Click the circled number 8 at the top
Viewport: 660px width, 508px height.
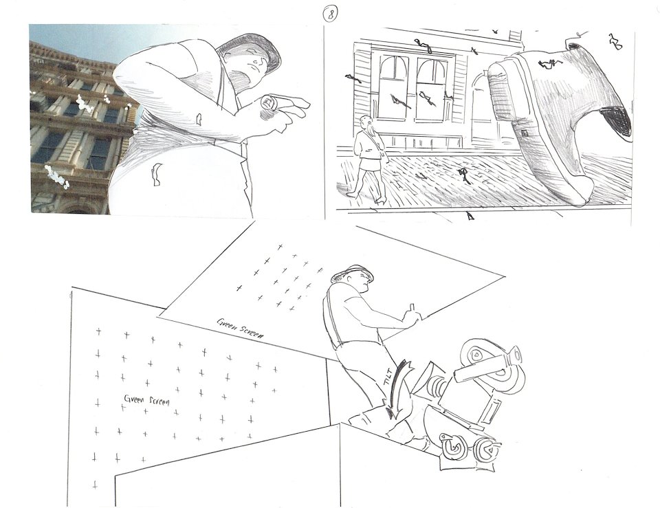(x=330, y=15)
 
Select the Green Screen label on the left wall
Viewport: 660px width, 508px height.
(x=146, y=399)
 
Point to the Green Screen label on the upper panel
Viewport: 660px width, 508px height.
(x=241, y=329)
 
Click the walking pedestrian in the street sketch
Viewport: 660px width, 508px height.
(x=367, y=159)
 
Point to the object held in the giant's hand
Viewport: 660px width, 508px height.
(x=268, y=103)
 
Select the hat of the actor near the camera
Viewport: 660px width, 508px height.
(x=352, y=273)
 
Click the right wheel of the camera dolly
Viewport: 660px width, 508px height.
(x=487, y=451)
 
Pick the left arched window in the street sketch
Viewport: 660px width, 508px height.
(x=393, y=87)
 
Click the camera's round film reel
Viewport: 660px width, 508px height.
(x=478, y=355)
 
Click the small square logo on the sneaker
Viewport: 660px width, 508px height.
(x=525, y=133)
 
